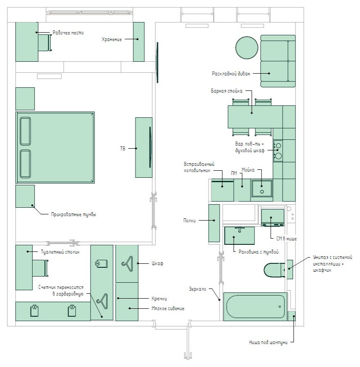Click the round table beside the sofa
(247, 48)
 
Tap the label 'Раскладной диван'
(231, 74)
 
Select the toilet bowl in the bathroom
(274, 270)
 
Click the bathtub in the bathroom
(255, 307)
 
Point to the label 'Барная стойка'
(227, 91)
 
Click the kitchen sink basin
(262, 188)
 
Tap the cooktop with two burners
(278, 151)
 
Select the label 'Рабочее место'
(68, 33)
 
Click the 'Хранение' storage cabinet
(139, 42)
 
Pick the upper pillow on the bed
(25, 131)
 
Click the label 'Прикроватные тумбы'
(74, 214)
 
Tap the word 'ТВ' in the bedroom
(123, 148)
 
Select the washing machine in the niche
(273, 217)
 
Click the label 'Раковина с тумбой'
(259, 252)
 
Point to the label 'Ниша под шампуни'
(268, 342)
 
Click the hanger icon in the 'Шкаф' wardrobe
(127, 264)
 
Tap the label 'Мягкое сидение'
(168, 308)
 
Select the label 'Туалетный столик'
(60, 252)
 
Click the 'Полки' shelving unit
(214, 223)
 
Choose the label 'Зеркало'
(198, 289)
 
